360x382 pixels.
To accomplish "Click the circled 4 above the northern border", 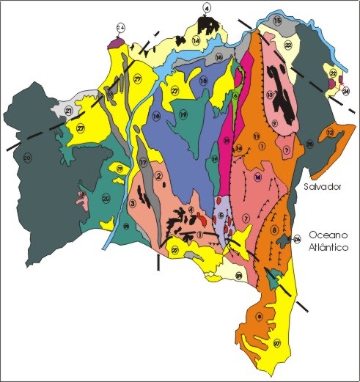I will pos(207,8).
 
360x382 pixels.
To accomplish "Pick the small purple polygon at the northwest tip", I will pos(114,43).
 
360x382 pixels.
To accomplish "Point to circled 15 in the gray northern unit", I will pos(276,23).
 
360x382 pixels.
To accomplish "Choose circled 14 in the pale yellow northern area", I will pos(196,42).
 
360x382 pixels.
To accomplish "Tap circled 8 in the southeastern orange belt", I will pos(274,230).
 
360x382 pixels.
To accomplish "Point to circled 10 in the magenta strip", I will pos(227,139).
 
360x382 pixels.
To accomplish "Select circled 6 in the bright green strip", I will pos(235,96).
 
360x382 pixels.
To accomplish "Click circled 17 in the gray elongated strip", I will pos(144,161).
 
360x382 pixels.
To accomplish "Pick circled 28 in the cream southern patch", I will pos(239,276).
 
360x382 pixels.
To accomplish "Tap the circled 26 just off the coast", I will pos(297,239).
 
